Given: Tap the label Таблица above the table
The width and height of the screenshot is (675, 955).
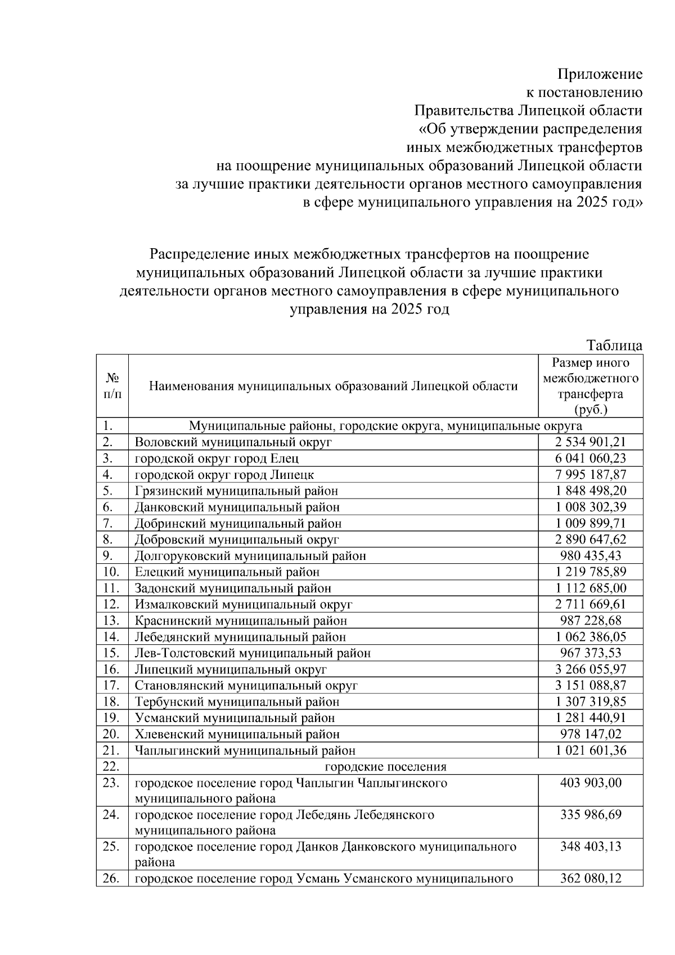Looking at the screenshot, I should coord(614,345).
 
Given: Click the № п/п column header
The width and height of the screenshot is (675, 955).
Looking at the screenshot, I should coord(112,385).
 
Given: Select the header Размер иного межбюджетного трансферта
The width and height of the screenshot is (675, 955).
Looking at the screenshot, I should coord(591,385).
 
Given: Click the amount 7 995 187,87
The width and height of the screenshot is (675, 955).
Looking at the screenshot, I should coord(591,474).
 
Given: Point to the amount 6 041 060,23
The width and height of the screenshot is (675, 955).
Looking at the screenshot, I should coord(591,458).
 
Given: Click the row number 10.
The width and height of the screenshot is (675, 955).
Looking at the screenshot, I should coord(112,572).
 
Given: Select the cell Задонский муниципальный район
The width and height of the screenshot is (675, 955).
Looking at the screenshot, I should coord(233,588).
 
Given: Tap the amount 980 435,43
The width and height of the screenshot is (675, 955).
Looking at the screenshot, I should coord(591,555).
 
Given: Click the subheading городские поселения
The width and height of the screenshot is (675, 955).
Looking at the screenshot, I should coord(386,766).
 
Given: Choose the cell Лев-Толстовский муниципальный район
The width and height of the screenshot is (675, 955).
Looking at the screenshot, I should coord(253,653).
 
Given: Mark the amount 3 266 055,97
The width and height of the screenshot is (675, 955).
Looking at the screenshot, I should coord(591,669).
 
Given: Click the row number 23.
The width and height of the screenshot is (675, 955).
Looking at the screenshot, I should coord(112,783).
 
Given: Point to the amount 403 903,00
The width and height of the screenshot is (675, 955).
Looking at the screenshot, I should coord(591,783).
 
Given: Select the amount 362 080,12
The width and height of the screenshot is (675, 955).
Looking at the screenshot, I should coord(591,878).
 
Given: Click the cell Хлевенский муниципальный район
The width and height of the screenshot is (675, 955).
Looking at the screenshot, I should coord(237,734).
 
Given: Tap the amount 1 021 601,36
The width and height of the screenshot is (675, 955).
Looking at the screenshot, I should coord(591,750).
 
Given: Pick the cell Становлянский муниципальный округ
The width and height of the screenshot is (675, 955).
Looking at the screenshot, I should coord(246,685).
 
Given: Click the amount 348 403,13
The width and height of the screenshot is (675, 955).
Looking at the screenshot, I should coord(591,846).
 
